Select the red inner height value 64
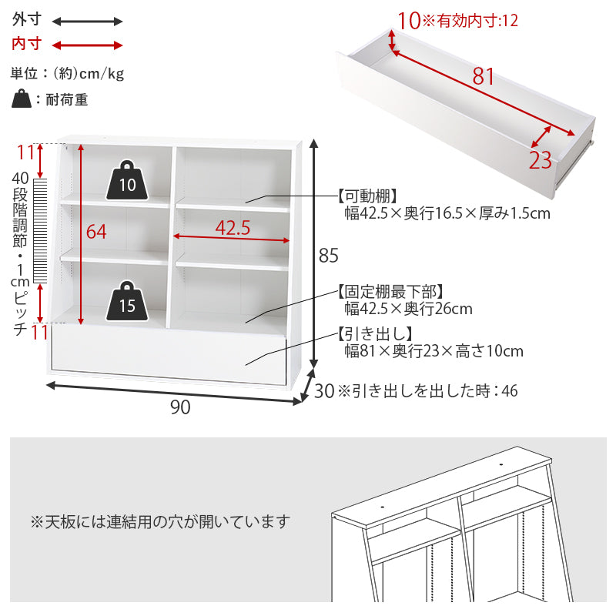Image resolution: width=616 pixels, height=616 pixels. pos(96,232)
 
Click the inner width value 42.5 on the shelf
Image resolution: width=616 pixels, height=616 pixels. pos(233,228)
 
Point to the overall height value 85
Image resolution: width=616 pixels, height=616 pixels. pos(328,254)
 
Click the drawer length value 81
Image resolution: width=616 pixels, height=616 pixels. pos(484,77)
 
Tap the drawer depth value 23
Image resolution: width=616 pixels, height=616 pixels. pos(541,160)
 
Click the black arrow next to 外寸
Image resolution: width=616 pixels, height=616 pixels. pos(88,22)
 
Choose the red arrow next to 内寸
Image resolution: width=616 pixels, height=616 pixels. pos(88,45)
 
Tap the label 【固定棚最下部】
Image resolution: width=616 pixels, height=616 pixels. pos(389,291)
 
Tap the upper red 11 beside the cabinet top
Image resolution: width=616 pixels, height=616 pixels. pos(26,152)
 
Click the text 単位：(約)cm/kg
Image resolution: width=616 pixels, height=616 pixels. pos(67,73)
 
